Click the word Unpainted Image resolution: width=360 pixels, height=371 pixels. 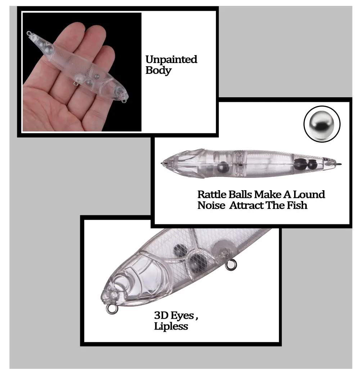click(x=171, y=59)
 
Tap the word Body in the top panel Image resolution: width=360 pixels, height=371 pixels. click(x=158, y=71)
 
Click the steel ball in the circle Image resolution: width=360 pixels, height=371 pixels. click(x=322, y=124)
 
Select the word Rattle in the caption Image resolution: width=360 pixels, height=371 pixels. click(x=212, y=195)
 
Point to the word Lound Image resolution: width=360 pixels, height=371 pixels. click(x=309, y=195)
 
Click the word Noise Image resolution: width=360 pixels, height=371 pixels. click(x=211, y=205)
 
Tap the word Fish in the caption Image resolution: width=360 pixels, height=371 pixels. click(x=297, y=205)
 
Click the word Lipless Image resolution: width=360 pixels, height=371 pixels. click(x=171, y=326)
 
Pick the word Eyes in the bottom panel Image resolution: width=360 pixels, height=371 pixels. click(x=183, y=316)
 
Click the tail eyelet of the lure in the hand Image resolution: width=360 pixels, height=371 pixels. click(x=29, y=33)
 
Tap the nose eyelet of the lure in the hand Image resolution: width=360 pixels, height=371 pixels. click(x=124, y=101)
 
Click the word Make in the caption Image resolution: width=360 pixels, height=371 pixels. click(x=268, y=195)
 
